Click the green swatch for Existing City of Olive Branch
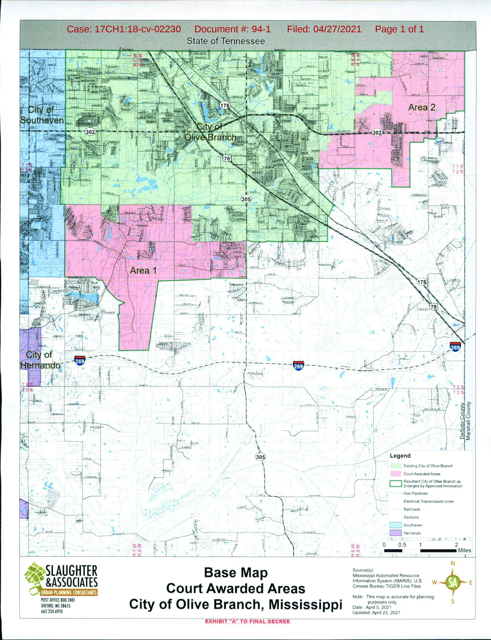[x=395, y=466]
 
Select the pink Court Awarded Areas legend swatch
[x=395, y=473]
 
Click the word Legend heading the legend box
[x=400, y=456]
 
